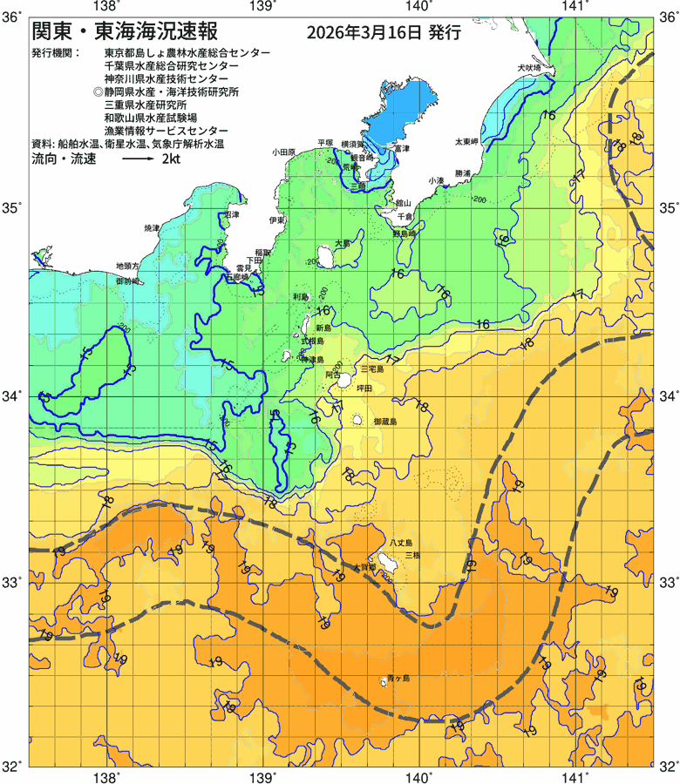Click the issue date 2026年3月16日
(x=365, y=33)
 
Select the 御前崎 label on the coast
(x=127, y=281)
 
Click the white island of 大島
(x=322, y=257)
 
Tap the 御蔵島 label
(x=384, y=422)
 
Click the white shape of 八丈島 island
(x=384, y=558)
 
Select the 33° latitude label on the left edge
(x=15, y=581)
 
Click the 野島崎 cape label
(x=405, y=233)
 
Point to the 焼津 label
(x=152, y=227)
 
